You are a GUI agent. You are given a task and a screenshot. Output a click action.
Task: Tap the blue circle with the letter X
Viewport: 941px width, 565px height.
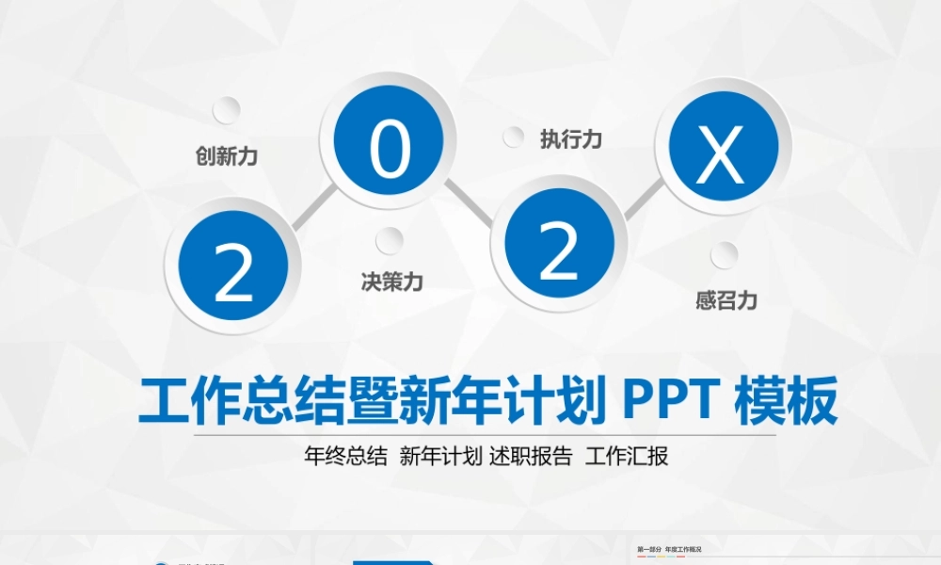723,151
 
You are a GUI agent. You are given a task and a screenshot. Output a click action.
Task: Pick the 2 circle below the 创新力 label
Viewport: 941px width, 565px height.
233,269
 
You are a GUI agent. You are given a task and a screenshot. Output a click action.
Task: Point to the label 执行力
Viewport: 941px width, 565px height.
570,139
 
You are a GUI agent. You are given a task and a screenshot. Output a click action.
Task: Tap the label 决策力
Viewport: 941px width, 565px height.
391,281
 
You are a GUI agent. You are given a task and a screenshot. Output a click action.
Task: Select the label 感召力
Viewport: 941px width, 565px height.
726,300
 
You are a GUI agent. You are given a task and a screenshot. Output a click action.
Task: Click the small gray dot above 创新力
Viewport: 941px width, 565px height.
226,110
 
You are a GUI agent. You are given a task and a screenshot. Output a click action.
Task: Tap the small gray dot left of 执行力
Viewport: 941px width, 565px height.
514,137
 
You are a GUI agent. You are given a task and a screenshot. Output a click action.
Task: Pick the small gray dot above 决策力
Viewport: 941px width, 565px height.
390,241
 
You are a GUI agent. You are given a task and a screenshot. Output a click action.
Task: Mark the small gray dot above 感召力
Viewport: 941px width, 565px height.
724,255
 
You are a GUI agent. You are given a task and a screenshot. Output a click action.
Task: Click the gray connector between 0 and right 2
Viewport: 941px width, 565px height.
469,203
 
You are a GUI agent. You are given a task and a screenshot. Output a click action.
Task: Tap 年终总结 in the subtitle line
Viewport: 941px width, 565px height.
345,458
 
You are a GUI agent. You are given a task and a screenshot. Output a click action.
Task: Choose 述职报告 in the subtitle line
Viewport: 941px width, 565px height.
531,458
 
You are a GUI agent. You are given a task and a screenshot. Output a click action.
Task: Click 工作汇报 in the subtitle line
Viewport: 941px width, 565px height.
627,458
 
